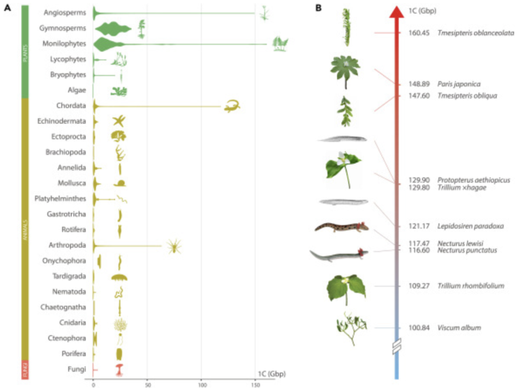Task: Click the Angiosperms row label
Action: (x=67, y=12)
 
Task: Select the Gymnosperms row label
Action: (x=63, y=27)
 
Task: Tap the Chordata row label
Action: (x=71, y=105)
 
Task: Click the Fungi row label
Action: (x=77, y=369)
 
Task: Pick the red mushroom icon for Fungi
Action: (x=120, y=369)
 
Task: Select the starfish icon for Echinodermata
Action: (x=119, y=121)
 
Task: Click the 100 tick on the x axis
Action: (x=201, y=383)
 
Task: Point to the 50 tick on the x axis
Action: (x=147, y=383)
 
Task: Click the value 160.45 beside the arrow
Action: (x=418, y=33)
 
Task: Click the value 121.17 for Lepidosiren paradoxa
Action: (x=418, y=226)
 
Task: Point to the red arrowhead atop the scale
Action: (x=396, y=13)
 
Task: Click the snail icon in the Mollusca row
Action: (x=120, y=183)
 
